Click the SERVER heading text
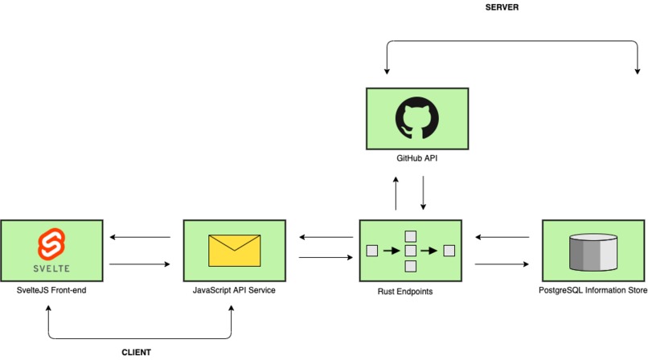[x=502, y=7]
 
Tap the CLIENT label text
[x=136, y=352]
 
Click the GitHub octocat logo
[x=417, y=118]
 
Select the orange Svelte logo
[x=51, y=244]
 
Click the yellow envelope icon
[x=234, y=251]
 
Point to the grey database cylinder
[x=593, y=252]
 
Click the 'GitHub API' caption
[x=416, y=157]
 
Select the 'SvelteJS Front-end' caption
[x=51, y=290]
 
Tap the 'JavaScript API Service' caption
[x=234, y=290]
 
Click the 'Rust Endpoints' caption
[x=405, y=292]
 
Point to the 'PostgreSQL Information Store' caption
[x=593, y=290]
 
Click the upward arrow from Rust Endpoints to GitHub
[x=396, y=193]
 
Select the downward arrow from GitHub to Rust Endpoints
[x=423, y=193]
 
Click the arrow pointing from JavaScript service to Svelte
[x=140, y=237]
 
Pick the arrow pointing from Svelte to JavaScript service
[x=140, y=264]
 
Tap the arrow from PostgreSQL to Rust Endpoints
[x=502, y=237]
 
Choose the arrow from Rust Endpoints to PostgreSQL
[x=502, y=264]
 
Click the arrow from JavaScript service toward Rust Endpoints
[x=326, y=257]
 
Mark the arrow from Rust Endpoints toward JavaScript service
[x=326, y=237]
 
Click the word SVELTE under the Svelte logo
[x=51, y=268]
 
